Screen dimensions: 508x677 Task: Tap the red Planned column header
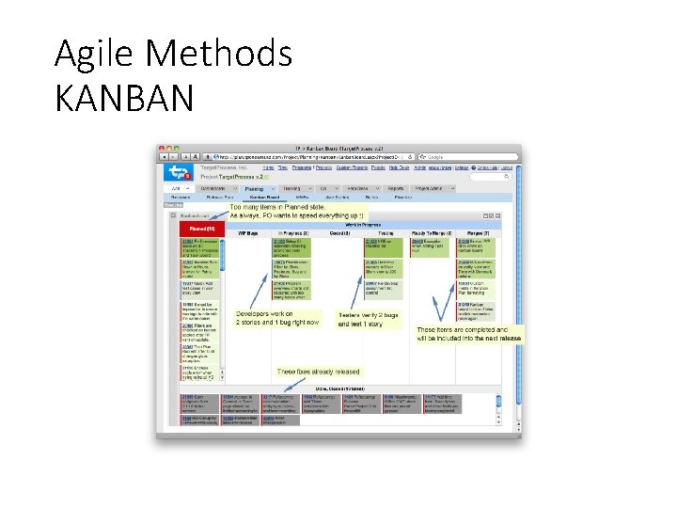201,230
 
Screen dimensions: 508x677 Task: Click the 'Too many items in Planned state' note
277,212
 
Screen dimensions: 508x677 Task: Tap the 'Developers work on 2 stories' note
277,318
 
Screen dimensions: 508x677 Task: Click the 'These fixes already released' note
318,372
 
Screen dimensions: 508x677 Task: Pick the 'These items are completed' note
467,335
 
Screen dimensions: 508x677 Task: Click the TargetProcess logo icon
178,171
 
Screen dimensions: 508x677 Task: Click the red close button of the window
162,148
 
